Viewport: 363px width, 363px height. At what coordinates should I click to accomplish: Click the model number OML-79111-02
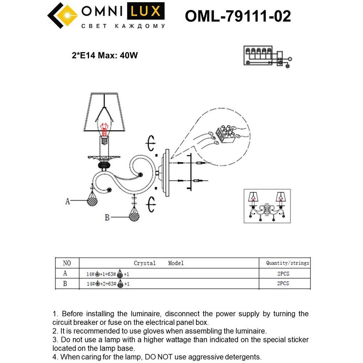(238, 16)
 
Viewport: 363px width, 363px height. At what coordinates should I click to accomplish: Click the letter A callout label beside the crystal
(68, 201)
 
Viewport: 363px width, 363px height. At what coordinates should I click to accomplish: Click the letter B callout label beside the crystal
(107, 217)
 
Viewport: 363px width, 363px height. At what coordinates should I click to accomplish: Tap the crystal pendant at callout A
(93, 200)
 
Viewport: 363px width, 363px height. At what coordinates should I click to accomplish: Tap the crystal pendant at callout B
(135, 216)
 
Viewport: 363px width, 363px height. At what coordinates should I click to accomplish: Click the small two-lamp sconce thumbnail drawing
(267, 205)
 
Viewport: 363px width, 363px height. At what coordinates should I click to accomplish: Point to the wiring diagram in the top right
(267, 56)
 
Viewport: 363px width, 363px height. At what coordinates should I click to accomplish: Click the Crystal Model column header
(159, 263)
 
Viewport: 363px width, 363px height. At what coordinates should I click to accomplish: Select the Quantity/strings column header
(287, 263)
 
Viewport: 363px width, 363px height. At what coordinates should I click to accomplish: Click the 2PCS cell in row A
(283, 274)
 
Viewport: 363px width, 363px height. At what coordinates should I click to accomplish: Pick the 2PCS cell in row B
(283, 284)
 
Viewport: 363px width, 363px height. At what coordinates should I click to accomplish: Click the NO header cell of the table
(67, 263)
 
